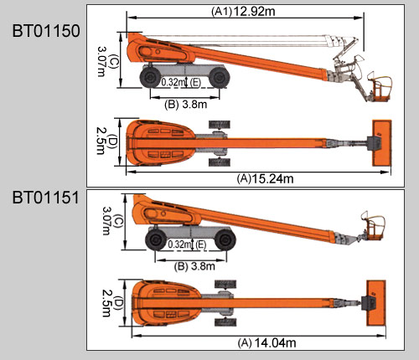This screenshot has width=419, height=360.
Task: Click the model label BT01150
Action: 46,31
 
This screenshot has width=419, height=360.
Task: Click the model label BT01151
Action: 46,198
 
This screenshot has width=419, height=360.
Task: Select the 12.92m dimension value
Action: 254,12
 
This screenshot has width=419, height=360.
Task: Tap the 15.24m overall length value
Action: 272,178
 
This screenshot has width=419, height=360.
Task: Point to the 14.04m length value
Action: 275,342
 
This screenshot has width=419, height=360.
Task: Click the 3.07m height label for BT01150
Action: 101,61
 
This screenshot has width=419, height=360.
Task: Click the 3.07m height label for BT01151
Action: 106,220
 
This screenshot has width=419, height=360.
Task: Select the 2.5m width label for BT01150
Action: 101,141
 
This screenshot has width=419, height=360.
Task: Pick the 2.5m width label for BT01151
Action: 106,303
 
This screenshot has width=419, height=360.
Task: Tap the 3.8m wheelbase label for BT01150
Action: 194,104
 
